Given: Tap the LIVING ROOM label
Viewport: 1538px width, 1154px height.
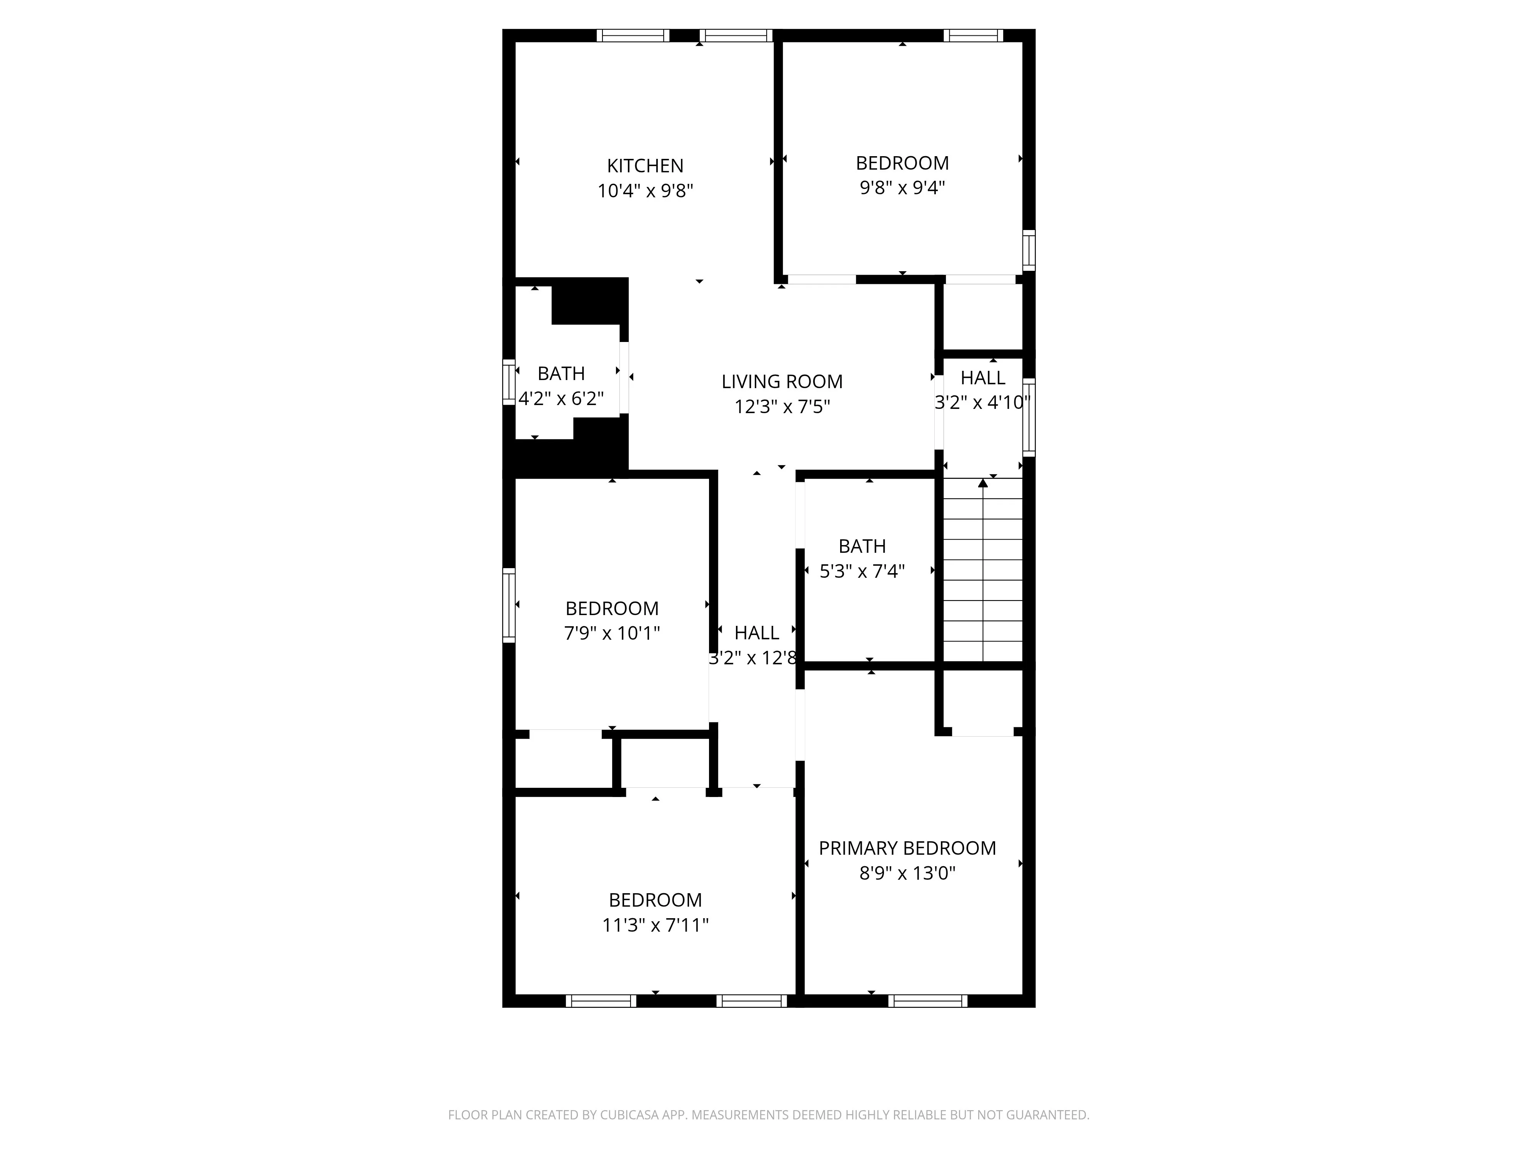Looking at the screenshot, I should (x=782, y=381).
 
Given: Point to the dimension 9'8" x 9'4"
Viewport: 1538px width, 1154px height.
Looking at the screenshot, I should (x=902, y=188).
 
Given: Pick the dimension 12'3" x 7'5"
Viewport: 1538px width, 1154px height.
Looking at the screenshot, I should (x=782, y=406).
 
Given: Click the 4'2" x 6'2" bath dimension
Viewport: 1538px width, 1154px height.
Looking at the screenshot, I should (x=561, y=399).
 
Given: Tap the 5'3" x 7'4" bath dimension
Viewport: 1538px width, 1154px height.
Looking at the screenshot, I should (x=862, y=571).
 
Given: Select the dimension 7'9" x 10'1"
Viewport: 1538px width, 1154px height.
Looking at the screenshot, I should (x=611, y=633).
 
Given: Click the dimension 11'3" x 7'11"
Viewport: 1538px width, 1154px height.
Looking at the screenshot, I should (x=654, y=925).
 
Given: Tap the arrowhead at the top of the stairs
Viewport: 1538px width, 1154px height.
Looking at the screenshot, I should (x=982, y=483).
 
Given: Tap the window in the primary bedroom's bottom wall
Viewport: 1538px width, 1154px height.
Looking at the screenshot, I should (x=927, y=1001).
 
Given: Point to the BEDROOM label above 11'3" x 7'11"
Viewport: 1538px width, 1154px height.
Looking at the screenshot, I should (x=654, y=900).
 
